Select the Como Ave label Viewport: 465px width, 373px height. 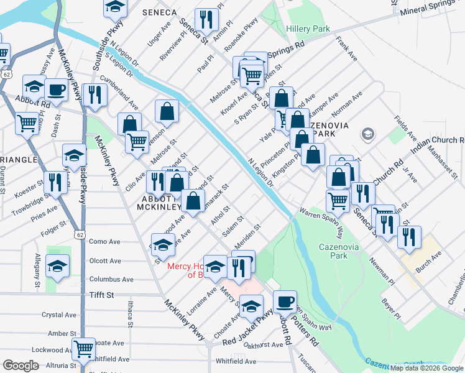(104, 241)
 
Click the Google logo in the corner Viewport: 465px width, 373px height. (20, 366)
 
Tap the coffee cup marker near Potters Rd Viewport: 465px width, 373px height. (285, 302)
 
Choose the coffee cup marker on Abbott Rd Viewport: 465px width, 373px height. (56, 90)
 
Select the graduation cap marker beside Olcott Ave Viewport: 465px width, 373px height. (58, 265)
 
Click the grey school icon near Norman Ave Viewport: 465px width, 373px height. (367, 134)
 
